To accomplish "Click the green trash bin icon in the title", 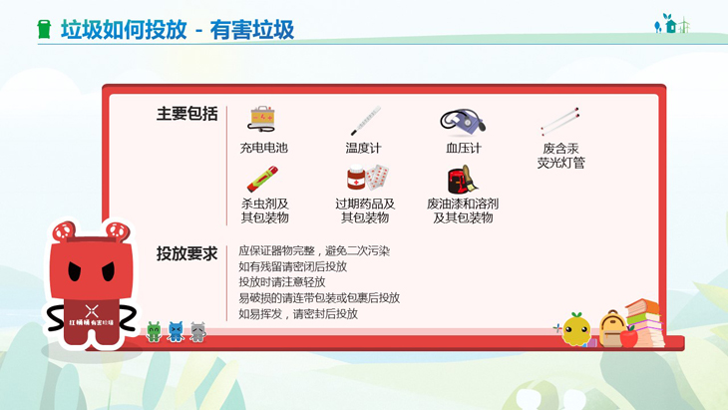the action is coord(44,29).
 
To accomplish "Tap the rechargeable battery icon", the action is coord(262,119).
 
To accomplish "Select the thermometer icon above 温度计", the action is coord(365,121).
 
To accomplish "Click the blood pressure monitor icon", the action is coord(463,122).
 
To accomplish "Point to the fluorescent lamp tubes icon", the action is coord(560,121).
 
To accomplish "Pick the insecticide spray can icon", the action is coord(263,180).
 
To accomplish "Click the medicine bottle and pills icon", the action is coord(368,178).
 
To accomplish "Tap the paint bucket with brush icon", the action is coord(463,180).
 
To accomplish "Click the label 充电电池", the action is coord(263,148).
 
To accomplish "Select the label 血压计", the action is coord(464,148).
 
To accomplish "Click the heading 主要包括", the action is coord(186,114).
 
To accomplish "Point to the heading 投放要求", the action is coord(186,254).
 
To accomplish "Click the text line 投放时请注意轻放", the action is coord(282,282).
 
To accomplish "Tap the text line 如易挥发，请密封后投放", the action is coord(298,314).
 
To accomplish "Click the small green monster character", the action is coord(154,331).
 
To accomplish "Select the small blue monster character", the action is coord(176,331).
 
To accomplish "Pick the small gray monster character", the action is coord(197,331).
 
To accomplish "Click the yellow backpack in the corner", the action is coord(612,329).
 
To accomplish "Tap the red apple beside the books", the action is coord(629,336).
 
